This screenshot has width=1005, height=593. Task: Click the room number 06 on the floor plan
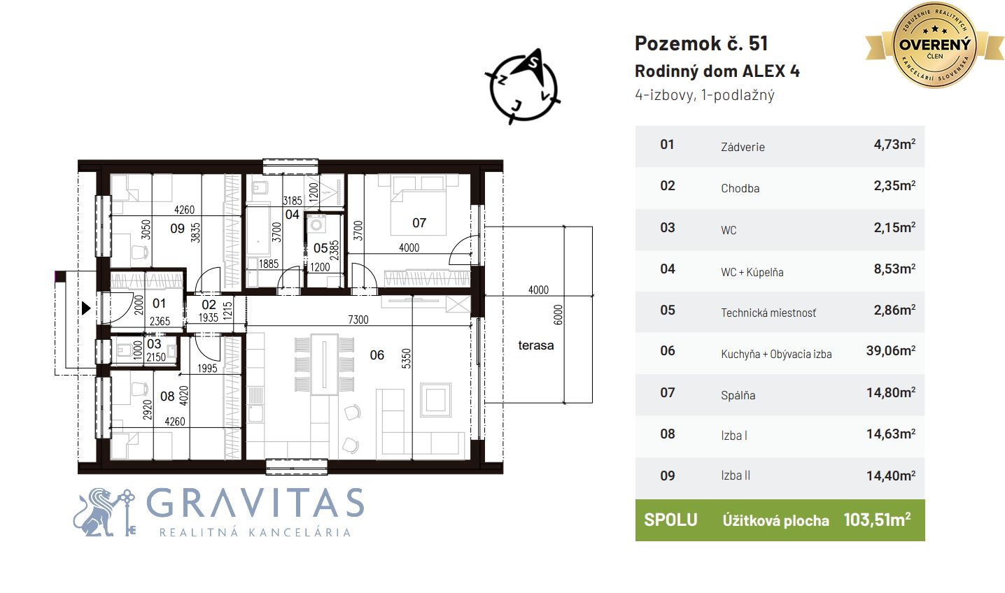point(377,355)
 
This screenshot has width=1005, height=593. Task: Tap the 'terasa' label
point(535,345)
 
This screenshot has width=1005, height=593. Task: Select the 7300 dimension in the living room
point(358,320)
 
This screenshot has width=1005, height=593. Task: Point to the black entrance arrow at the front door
point(86,308)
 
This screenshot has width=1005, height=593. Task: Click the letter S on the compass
point(533,63)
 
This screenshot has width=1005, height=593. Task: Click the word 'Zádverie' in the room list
point(743,147)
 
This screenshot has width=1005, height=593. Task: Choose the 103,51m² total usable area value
point(877,520)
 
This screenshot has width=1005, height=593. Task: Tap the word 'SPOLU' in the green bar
point(670,520)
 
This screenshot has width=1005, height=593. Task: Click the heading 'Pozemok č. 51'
point(701,43)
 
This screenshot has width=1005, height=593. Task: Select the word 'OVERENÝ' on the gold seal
point(935,44)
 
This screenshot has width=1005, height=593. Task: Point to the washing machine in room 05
point(317,224)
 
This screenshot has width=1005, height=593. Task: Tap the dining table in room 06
point(324,364)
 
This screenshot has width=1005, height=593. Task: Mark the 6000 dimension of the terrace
point(557,315)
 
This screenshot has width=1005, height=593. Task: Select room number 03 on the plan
point(154,344)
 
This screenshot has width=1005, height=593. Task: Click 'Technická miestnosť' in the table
point(768,313)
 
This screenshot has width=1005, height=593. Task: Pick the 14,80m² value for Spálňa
point(891,392)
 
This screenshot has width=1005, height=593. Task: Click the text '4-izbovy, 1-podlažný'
point(704,95)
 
